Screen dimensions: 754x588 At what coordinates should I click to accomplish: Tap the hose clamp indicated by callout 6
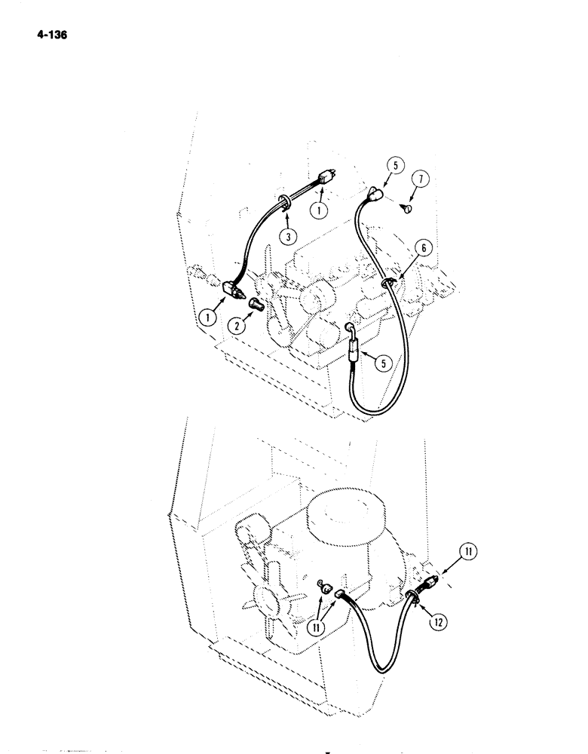coord(388,282)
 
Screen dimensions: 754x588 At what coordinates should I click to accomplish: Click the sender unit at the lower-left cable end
coord(232,289)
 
